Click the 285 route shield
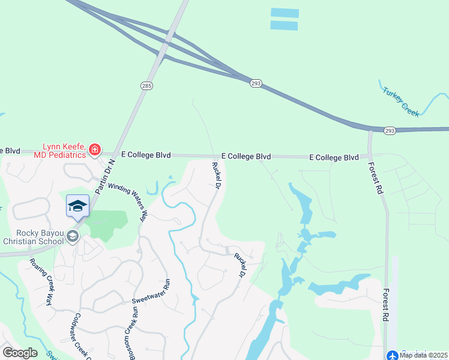point(148,86)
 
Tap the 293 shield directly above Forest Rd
point(390,130)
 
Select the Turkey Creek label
point(401,101)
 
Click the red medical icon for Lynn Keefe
point(94,149)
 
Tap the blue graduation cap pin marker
point(77,206)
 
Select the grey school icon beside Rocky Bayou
point(73,236)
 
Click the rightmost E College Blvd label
point(334,157)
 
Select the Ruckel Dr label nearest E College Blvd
point(215,175)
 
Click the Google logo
point(20,352)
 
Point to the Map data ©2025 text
point(423,355)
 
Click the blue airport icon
point(392,355)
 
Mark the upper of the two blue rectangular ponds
point(285,13)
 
